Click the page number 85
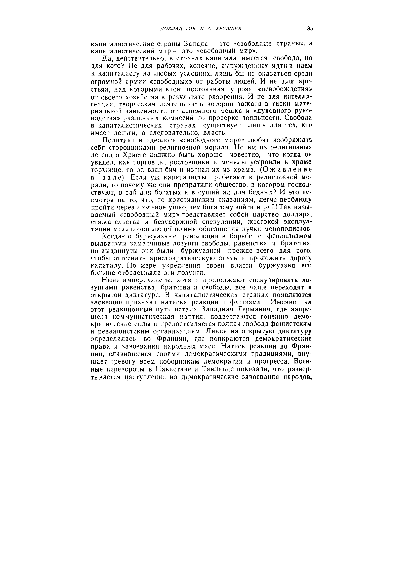(310, 29)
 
